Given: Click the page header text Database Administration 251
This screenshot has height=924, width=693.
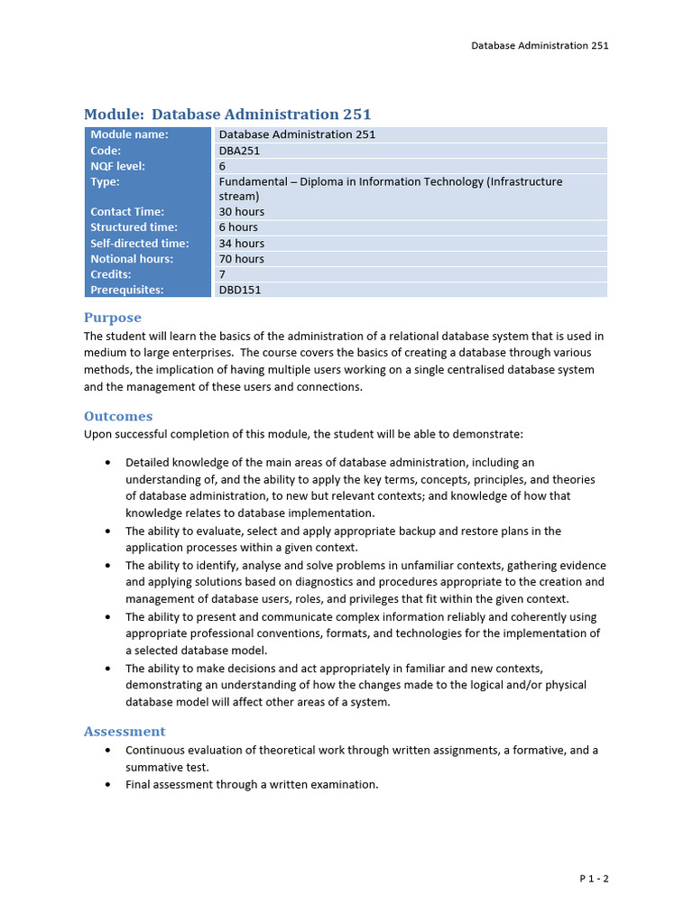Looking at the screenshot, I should [x=540, y=45].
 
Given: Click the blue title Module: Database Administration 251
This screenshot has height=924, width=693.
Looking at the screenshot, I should [x=227, y=115].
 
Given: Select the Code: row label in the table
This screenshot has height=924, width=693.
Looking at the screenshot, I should [x=106, y=151].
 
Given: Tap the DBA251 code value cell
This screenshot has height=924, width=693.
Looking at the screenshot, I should [x=239, y=151].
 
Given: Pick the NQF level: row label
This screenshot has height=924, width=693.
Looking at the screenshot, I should [x=117, y=166].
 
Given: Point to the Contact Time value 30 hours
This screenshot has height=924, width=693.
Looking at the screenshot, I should [x=242, y=211].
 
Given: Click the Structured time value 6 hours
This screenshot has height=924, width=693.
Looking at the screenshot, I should [x=238, y=227].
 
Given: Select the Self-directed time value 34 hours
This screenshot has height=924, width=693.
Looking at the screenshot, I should [x=242, y=243].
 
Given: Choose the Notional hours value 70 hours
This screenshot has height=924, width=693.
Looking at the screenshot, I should [x=242, y=259].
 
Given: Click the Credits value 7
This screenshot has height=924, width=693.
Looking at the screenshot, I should [x=222, y=274].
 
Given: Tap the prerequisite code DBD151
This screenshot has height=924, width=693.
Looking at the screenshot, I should [x=240, y=290].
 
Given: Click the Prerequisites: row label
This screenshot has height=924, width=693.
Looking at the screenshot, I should [x=127, y=290].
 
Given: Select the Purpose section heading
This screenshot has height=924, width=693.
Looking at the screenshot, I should [x=113, y=318].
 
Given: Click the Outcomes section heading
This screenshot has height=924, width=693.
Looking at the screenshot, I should [x=118, y=416].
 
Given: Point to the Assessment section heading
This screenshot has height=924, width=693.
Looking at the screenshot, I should [x=125, y=731].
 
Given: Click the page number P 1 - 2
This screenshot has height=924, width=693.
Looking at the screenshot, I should [x=594, y=878].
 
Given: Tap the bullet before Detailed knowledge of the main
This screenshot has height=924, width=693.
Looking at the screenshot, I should [x=108, y=463].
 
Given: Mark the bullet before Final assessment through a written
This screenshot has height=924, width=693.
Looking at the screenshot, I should [x=108, y=785].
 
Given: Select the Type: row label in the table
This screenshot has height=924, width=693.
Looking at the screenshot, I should [x=106, y=181].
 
